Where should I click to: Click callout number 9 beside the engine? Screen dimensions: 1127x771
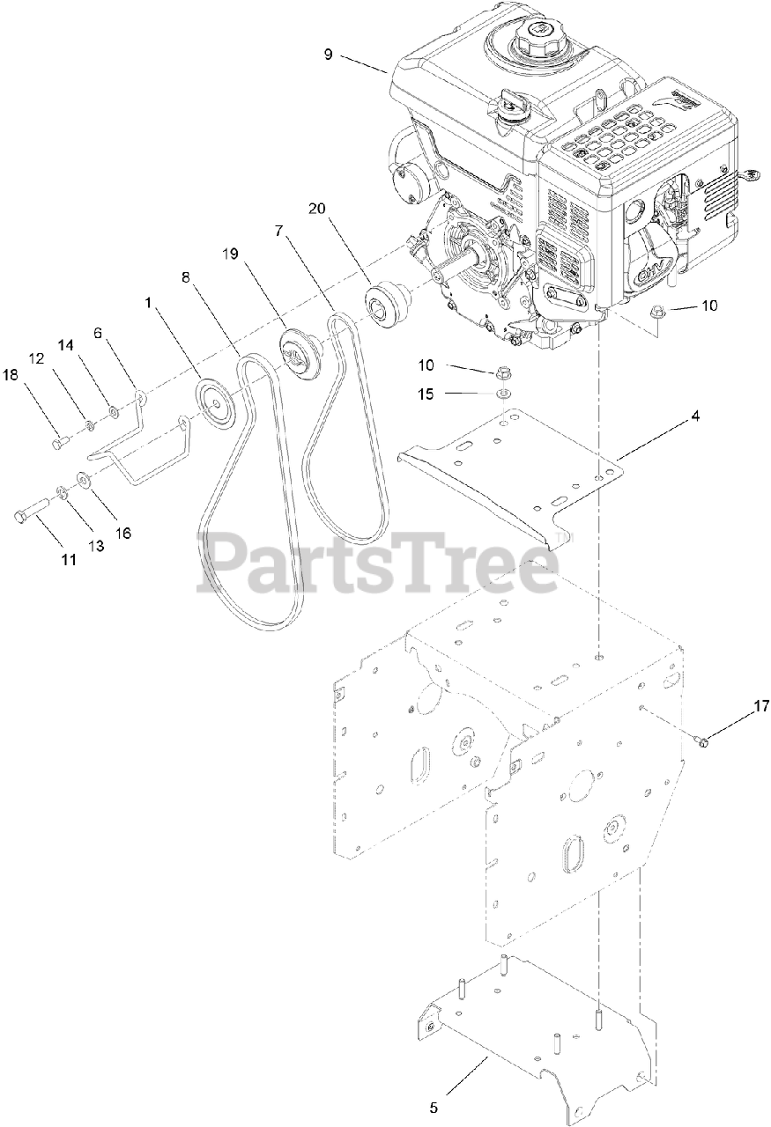point(328,54)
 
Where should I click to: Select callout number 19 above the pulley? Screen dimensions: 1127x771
point(230,254)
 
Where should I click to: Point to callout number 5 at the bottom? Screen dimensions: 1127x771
point(434,1107)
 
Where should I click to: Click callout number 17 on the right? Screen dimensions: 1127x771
point(737,705)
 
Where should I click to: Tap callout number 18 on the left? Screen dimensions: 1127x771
point(10,375)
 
